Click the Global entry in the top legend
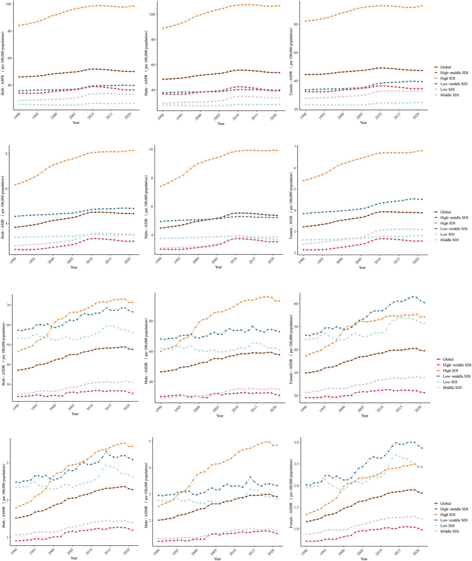[x=445, y=67]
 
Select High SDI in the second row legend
[x=447, y=223]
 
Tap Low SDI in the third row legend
[x=450, y=382]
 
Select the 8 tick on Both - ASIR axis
[x=7, y=154]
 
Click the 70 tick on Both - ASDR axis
[x=7, y=305]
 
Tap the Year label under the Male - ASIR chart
[x=218, y=267]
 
